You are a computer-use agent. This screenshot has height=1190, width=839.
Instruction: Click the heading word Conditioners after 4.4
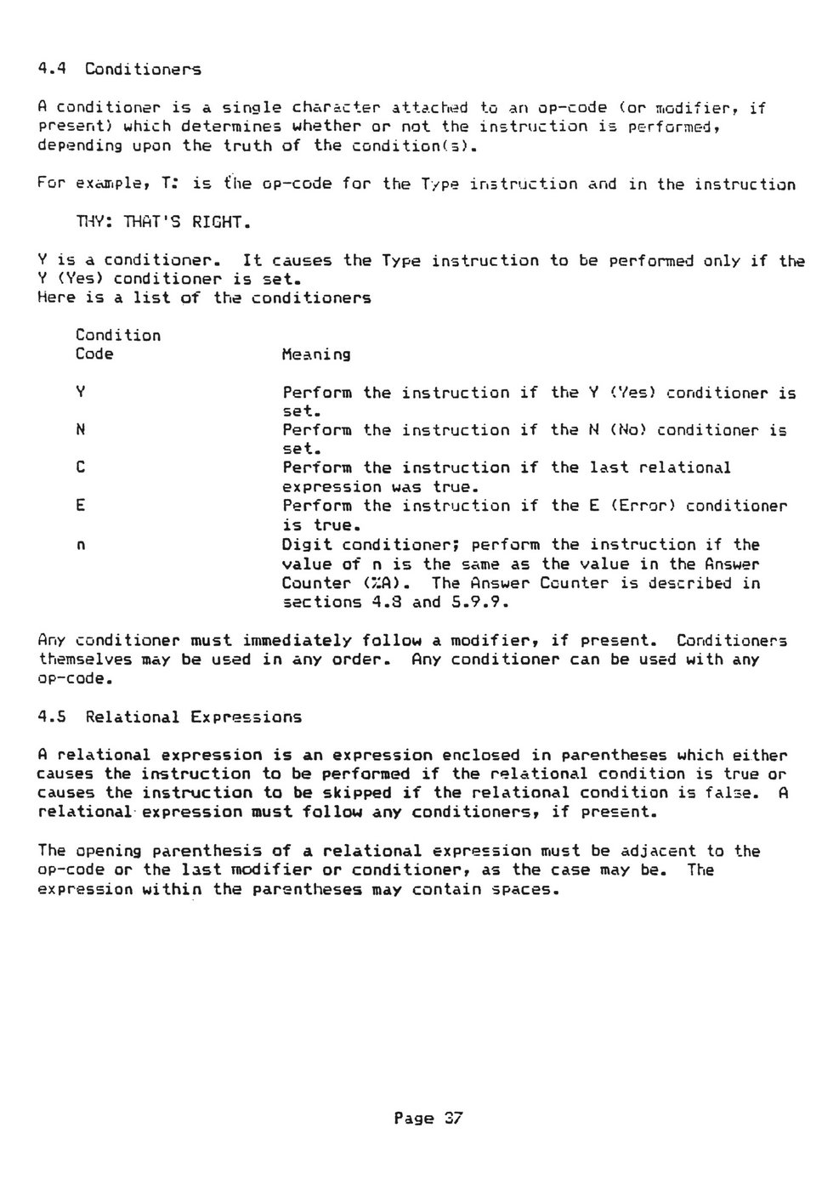point(142,69)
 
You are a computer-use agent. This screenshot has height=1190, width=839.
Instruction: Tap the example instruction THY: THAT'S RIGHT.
point(163,223)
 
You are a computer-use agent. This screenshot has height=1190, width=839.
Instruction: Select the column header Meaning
point(315,354)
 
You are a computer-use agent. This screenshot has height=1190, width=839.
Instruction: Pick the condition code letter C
point(80,467)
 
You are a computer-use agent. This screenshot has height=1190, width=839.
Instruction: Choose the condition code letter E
point(80,506)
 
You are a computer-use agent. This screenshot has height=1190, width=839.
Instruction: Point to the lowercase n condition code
point(80,545)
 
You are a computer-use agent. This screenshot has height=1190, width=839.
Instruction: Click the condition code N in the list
point(80,430)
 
